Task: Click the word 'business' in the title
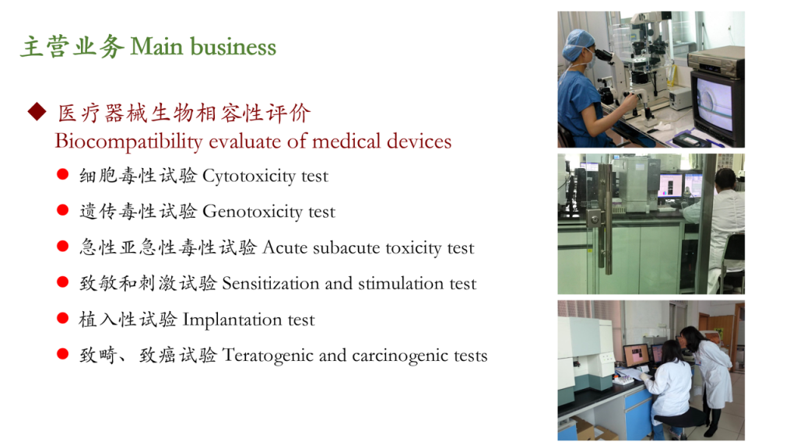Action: point(233,47)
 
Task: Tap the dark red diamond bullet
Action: point(37,111)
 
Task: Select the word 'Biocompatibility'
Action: point(128,142)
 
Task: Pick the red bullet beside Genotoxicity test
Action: point(62,210)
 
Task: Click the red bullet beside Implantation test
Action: point(62,318)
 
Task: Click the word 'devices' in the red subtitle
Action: point(419,142)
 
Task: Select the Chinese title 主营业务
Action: point(72,47)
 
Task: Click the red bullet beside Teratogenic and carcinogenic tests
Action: point(62,354)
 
